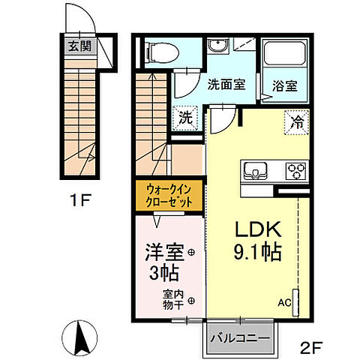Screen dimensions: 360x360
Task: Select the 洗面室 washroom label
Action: (226, 85)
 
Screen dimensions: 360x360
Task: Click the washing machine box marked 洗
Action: (184, 117)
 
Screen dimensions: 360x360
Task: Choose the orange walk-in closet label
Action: (169, 196)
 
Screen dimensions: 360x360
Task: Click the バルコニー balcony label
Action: (238, 339)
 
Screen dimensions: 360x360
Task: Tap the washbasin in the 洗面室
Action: (218, 46)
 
